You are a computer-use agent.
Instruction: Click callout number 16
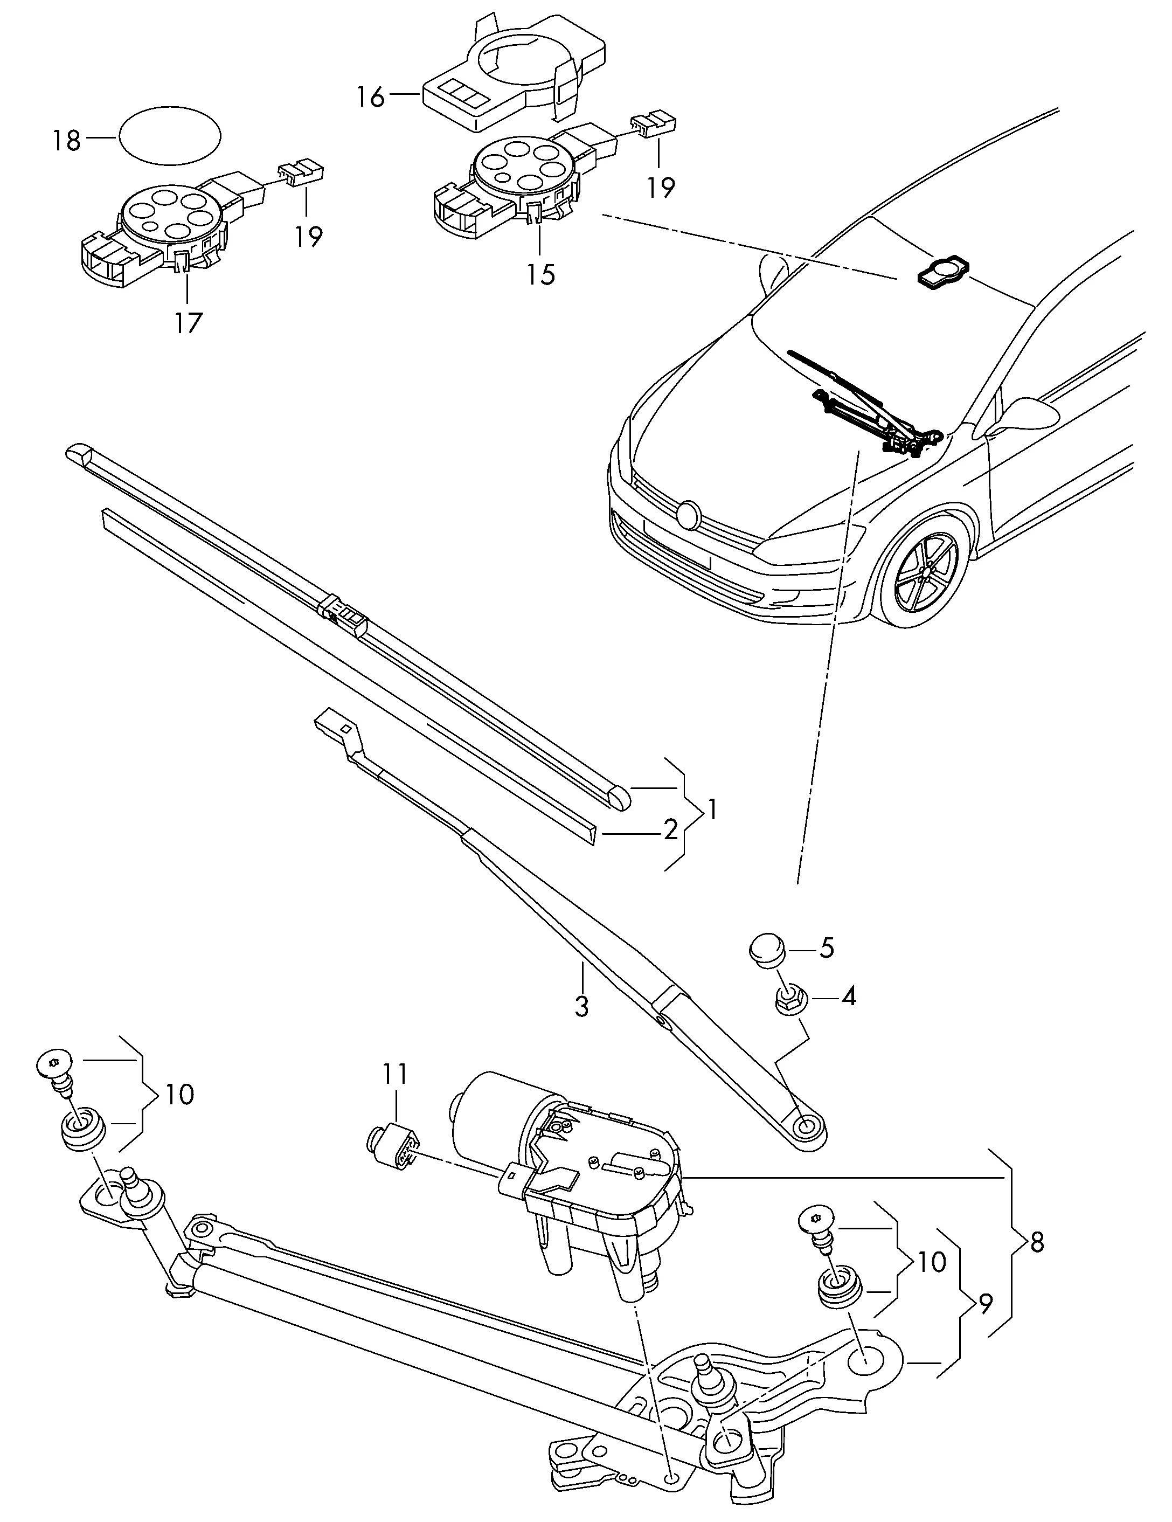[371, 97]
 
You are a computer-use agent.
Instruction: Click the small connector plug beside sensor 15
[654, 124]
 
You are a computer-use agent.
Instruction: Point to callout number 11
[394, 1075]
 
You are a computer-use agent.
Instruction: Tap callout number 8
[1037, 1242]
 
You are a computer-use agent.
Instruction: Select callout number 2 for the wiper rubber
[670, 829]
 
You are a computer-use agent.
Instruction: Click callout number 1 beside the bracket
[712, 810]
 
